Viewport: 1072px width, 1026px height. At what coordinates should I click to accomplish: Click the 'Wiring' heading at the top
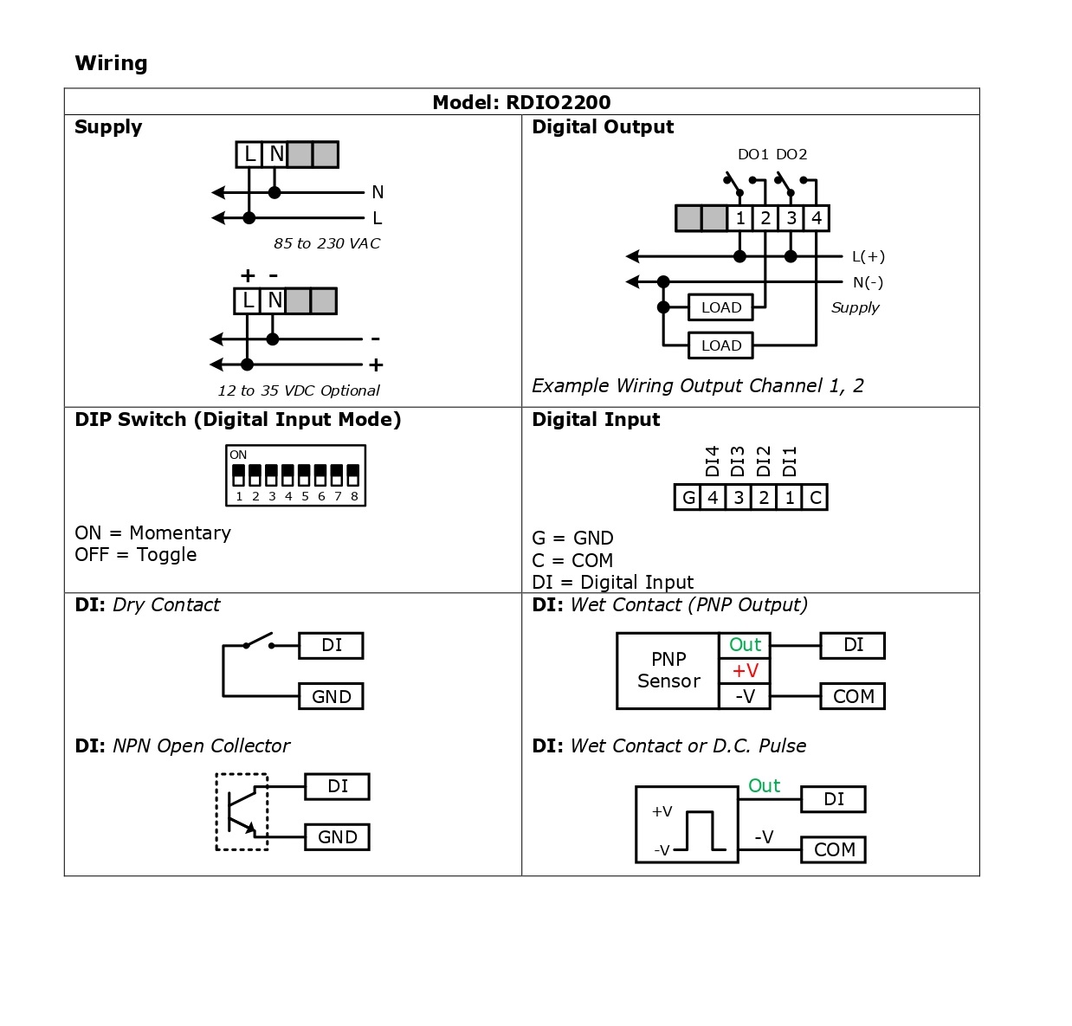111,63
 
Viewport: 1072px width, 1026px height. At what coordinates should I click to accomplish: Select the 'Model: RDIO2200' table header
521,102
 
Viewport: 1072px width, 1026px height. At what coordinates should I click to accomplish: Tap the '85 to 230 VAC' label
326,243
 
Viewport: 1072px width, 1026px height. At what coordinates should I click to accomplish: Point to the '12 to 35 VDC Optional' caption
298,390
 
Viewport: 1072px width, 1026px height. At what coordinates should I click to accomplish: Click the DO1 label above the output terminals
752,154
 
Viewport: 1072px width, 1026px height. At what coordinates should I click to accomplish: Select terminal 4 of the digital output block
816,218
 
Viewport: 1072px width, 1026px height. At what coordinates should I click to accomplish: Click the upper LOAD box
720,307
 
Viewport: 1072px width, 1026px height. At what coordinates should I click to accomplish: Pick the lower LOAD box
720,345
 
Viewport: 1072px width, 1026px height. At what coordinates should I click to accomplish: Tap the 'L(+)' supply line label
868,256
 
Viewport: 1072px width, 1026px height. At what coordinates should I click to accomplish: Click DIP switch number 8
353,476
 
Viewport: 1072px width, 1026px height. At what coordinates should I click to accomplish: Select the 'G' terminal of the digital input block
688,497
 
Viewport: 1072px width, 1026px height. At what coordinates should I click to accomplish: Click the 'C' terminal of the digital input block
815,497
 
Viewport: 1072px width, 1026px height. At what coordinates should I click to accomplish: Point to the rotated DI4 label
713,461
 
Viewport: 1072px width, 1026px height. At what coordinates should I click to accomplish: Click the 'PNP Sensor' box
668,670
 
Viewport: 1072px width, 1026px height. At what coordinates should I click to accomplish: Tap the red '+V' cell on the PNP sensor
745,670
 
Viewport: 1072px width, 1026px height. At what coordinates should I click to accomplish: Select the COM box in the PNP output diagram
853,696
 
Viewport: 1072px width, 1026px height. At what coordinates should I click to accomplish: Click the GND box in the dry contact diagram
331,696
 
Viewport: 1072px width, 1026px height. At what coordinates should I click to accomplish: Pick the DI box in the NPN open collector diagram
337,786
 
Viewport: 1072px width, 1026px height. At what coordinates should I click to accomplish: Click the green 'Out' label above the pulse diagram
764,785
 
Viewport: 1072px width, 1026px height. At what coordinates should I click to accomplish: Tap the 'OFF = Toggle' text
136,554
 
